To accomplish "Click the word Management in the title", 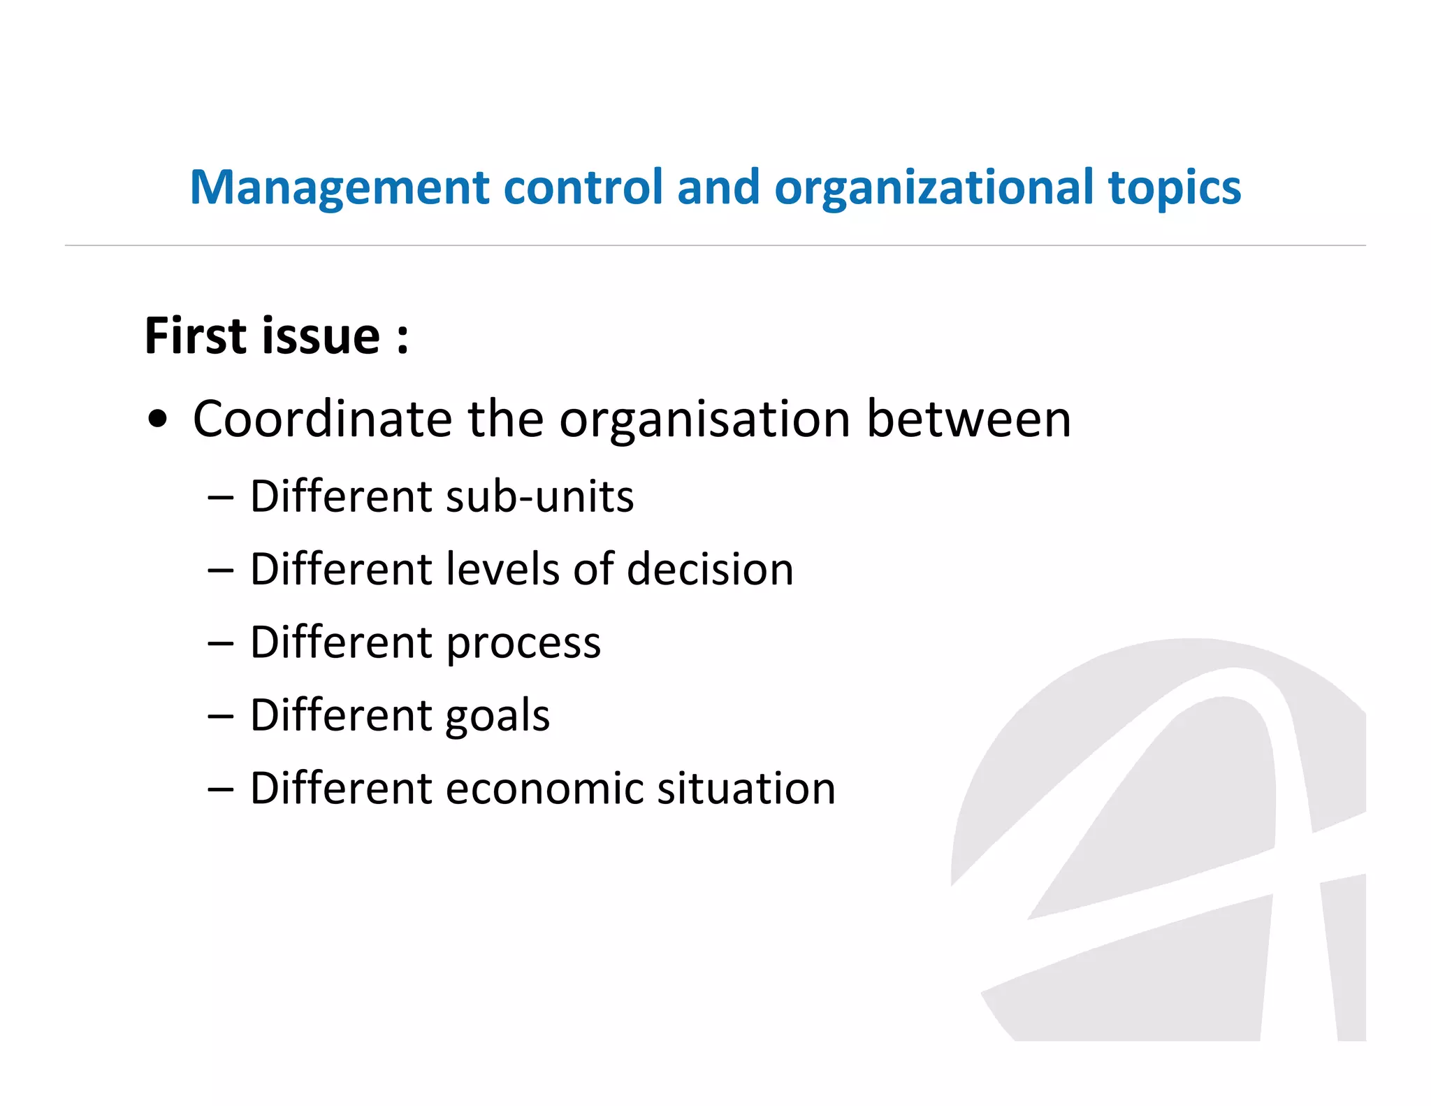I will (x=340, y=189).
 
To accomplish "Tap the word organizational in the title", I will (x=934, y=189).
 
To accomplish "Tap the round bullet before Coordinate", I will (x=159, y=419).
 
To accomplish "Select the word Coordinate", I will (x=322, y=419).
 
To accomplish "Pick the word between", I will (x=968, y=419).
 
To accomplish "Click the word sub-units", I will (x=539, y=497).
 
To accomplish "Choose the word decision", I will (x=710, y=569).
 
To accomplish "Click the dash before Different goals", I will (x=220, y=717).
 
